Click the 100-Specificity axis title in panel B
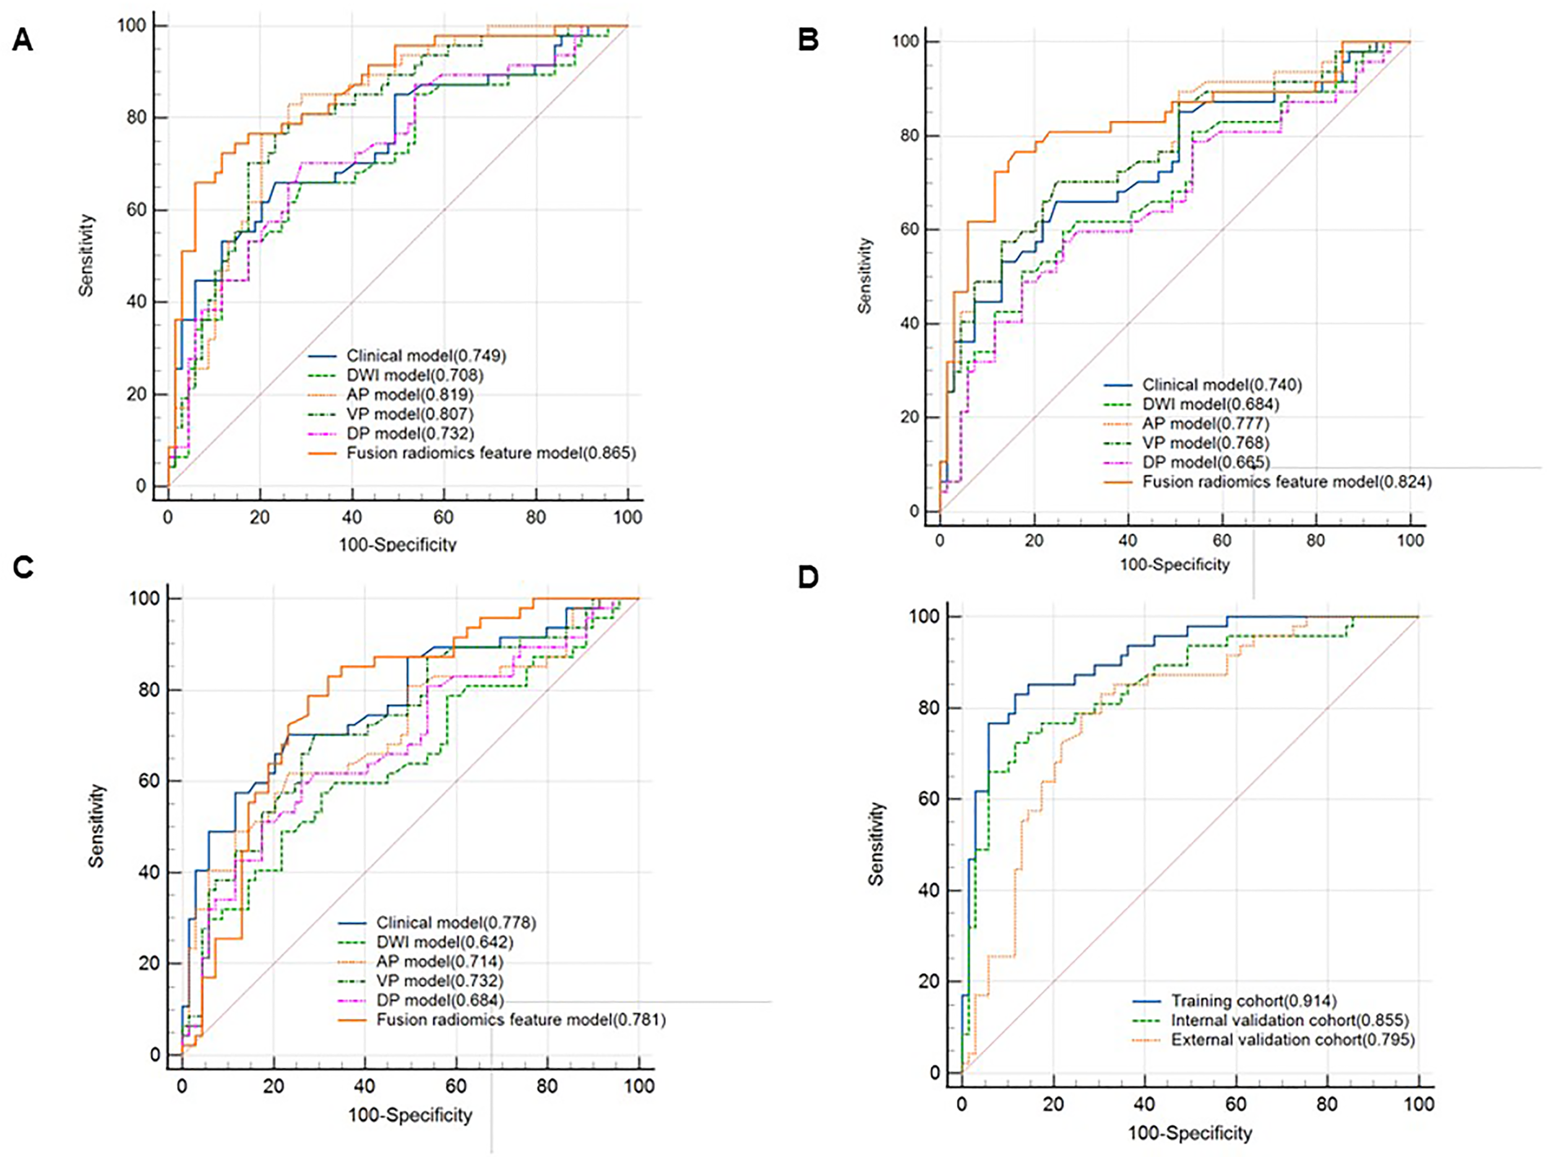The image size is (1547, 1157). [x=1174, y=565]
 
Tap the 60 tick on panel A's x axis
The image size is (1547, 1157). [x=444, y=517]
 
